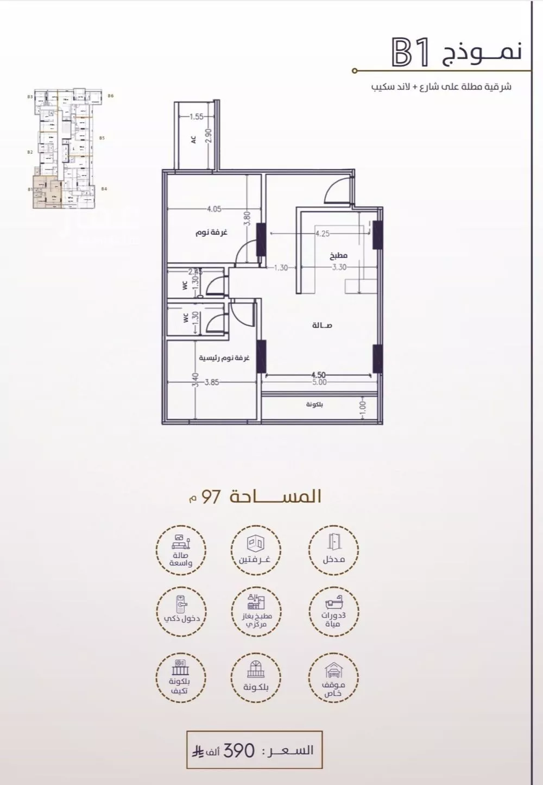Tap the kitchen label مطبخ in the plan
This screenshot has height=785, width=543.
(338, 255)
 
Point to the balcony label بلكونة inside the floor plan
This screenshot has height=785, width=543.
(314, 405)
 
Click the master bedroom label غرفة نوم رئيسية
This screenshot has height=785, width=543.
(224, 359)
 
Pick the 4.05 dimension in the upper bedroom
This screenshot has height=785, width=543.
(214, 209)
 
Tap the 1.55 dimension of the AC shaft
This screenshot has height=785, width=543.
(197, 116)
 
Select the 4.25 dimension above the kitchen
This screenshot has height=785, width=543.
(322, 234)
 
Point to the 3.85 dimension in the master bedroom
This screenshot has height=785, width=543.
(211, 382)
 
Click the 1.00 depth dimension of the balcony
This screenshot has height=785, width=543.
(363, 406)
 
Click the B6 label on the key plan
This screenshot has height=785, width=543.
(110, 96)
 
